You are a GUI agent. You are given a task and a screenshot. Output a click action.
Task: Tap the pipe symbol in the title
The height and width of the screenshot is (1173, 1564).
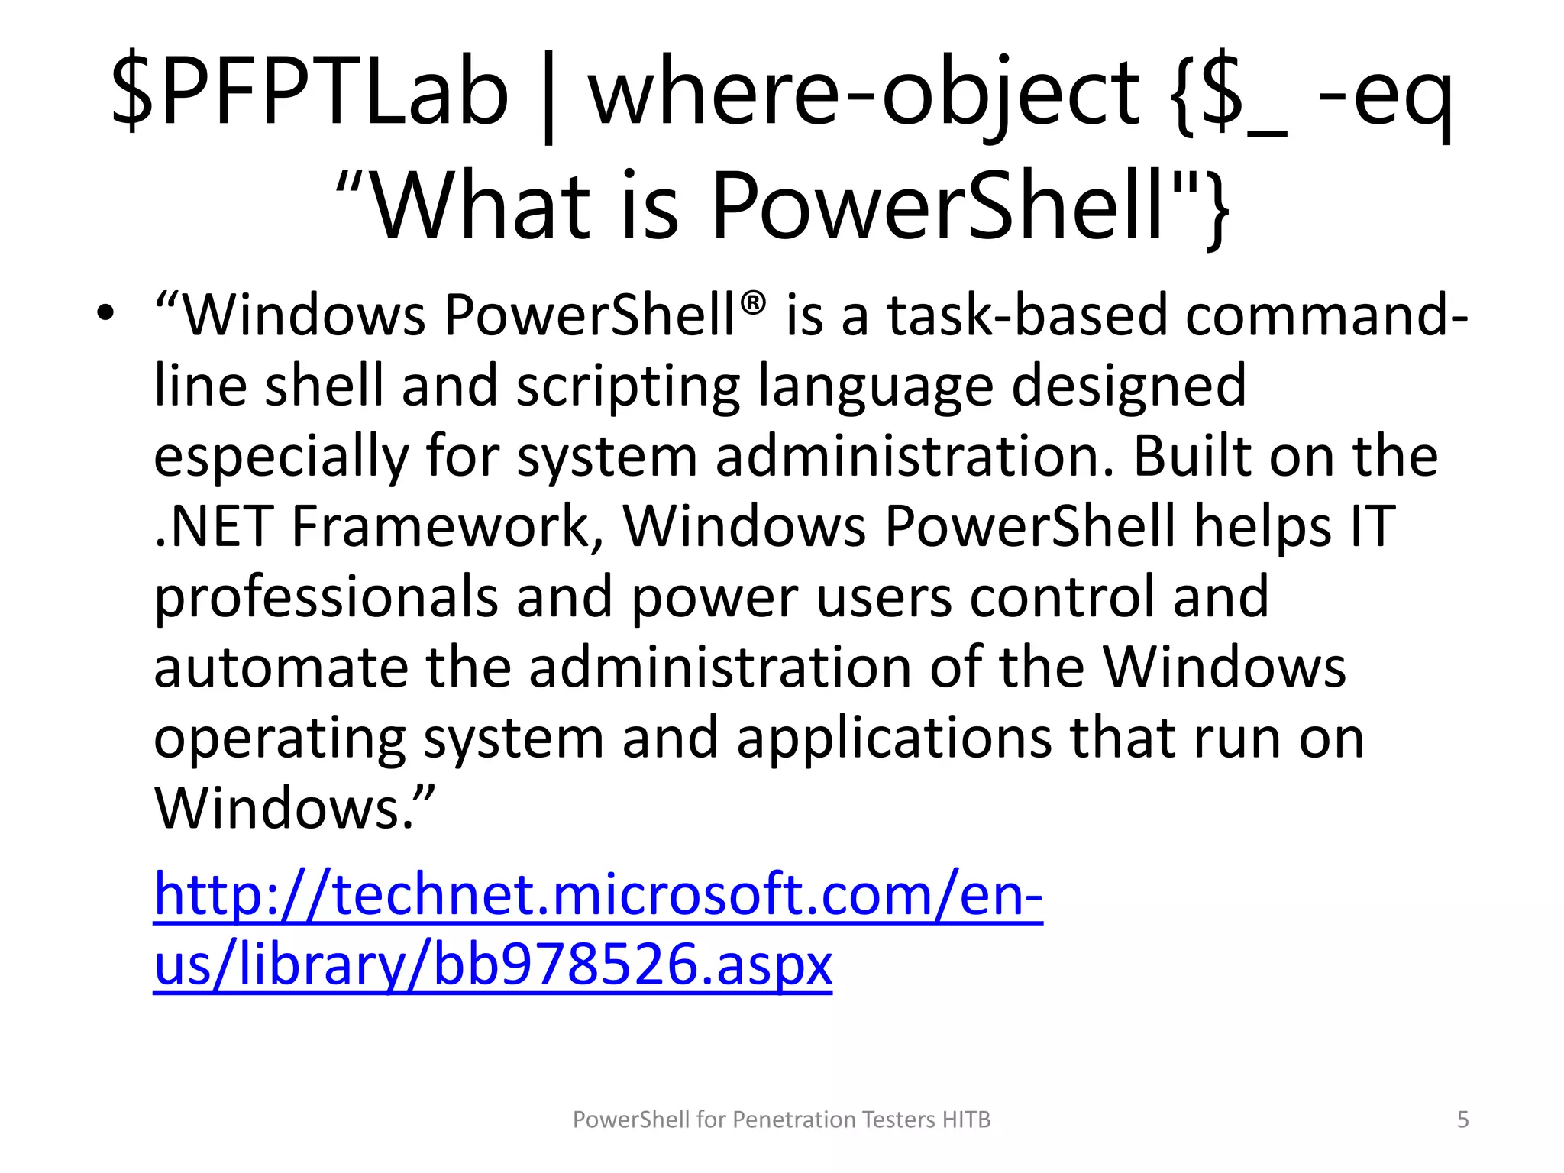[548, 95]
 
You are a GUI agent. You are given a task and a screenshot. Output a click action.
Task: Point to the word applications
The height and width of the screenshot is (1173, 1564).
[893, 738]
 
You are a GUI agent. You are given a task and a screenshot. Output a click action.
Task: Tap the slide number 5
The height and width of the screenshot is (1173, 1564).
[1462, 1120]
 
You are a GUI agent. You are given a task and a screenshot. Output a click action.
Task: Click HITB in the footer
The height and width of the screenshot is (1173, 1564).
[966, 1120]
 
